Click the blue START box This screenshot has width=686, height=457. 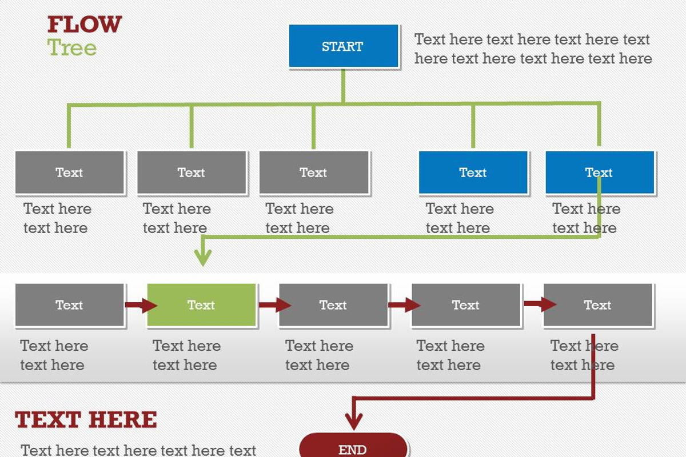coord(343,46)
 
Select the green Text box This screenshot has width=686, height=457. coord(201,305)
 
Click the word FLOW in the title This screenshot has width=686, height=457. coord(85,25)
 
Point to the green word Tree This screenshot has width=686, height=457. coord(71,47)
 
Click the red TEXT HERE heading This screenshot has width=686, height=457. coord(86,420)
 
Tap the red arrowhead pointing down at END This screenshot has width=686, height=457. coord(354,422)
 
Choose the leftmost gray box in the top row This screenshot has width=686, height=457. coord(69,173)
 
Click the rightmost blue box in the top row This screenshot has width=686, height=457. coord(599,173)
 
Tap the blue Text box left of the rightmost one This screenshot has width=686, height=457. coord(473,173)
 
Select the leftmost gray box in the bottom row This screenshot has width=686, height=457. coord(69,305)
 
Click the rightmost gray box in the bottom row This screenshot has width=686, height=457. coord(597,305)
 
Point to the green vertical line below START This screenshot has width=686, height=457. coord(343,86)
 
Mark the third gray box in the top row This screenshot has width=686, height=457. coord(313,173)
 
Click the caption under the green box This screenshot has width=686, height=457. coord(186,355)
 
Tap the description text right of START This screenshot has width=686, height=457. coord(533,49)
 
